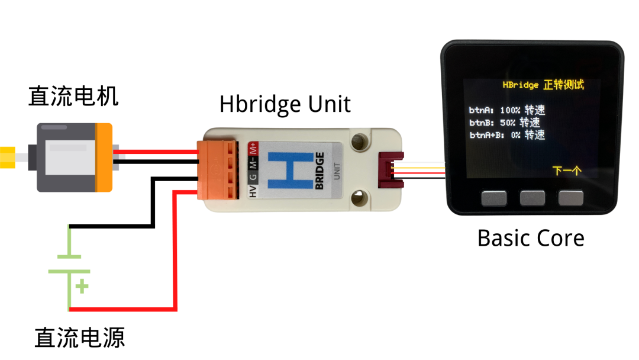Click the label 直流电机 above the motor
tap(73, 97)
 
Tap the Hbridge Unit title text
tap(285, 104)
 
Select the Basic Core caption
tap(530, 238)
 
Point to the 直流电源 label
tap(80, 337)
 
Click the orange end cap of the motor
tap(104, 157)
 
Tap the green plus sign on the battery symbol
tap(82, 287)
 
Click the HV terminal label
tap(253, 191)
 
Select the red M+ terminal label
tap(253, 148)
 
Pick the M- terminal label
tap(253, 162)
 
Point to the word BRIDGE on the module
tap(319, 171)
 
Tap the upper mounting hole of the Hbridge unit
tap(357, 142)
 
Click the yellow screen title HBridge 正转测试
tap(543, 85)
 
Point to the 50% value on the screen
tap(508, 123)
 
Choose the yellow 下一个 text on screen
tap(567, 171)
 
